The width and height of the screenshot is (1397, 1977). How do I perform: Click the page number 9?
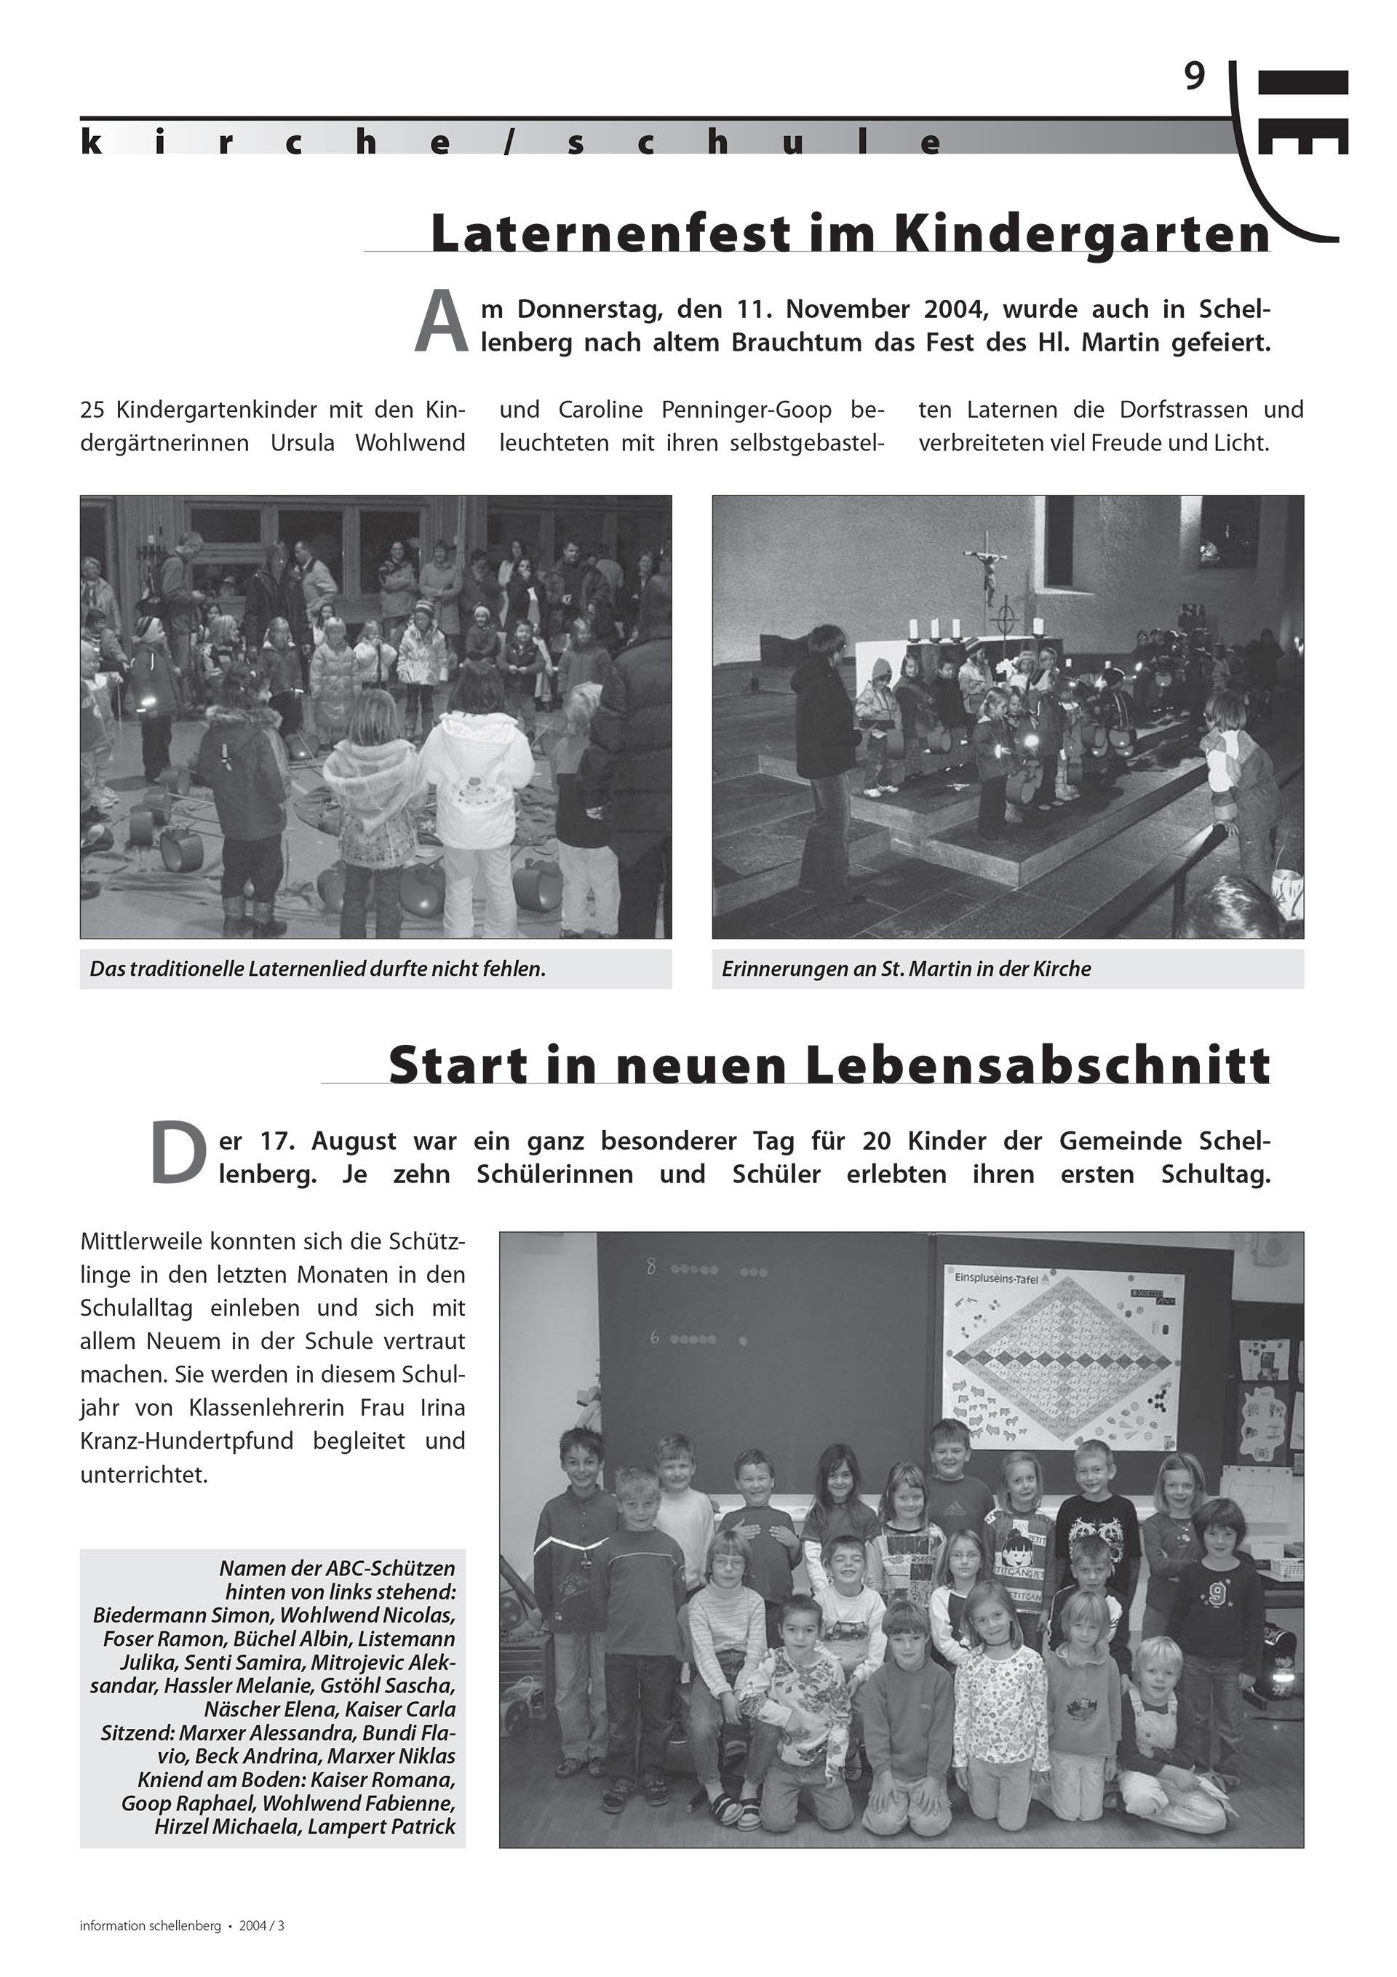point(1194,79)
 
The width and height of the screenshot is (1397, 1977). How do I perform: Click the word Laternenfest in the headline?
point(598,234)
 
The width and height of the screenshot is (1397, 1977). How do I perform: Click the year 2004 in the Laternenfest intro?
point(947,309)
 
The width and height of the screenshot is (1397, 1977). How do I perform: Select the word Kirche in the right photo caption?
point(1062,968)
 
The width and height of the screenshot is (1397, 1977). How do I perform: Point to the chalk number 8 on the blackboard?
point(651,1268)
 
